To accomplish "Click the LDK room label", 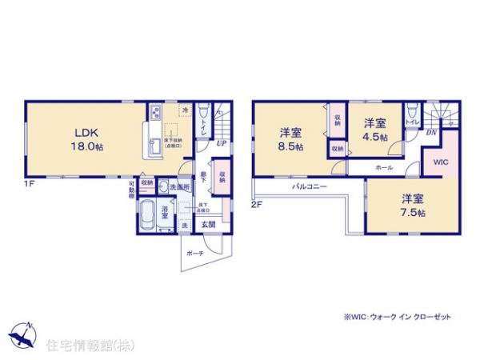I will [x=86, y=133].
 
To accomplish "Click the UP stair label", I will [x=220, y=145].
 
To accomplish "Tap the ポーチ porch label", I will [x=194, y=252].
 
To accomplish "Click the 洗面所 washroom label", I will [x=180, y=186].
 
